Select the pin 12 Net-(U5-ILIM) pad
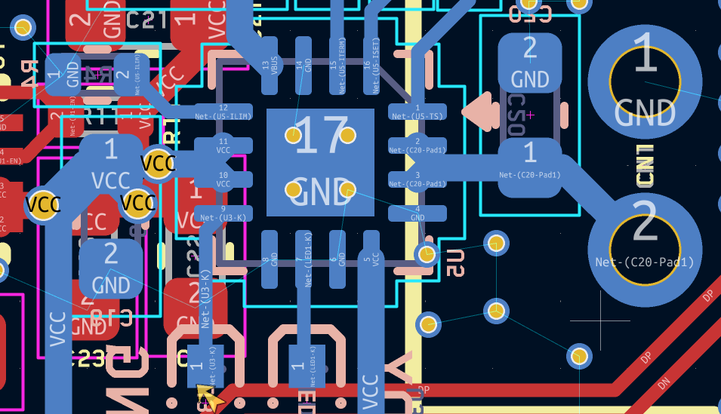[x=223, y=112]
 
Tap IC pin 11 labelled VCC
[x=223, y=146]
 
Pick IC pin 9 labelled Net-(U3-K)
[x=223, y=213]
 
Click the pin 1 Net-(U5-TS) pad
[x=417, y=112]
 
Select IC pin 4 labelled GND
[x=417, y=213]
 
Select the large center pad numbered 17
[x=320, y=162]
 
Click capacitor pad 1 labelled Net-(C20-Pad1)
[x=529, y=161]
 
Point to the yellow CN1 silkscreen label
[x=644, y=166]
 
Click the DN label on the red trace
[x=664, y=382]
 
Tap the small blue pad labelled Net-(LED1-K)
[x=307, y=366]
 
